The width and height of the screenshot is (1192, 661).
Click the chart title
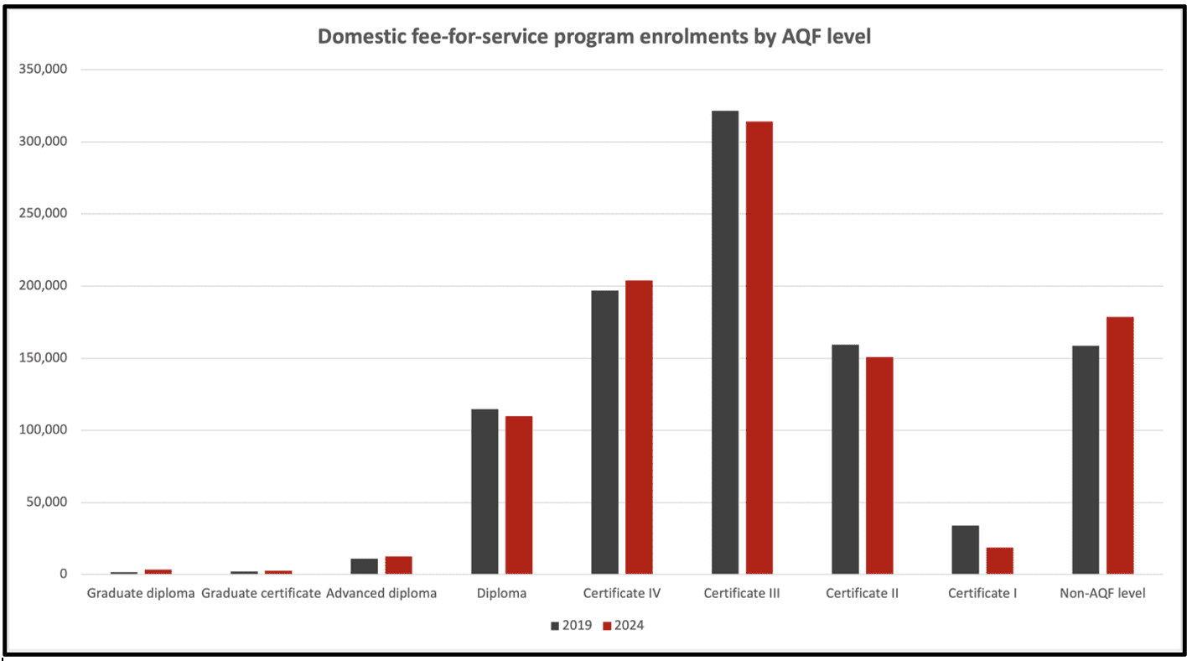594,38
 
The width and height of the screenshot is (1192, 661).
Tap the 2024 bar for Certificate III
759,347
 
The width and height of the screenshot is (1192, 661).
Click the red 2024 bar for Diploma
519,495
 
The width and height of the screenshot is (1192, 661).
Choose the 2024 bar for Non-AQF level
1120,445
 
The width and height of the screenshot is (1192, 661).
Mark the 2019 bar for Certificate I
965,549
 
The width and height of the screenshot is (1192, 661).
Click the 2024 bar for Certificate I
999,560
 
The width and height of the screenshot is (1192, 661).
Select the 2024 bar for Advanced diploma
398,565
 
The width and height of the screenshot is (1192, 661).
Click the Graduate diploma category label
141,594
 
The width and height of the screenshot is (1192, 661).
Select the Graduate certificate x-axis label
262,594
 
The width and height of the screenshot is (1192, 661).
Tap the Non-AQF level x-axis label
1102,594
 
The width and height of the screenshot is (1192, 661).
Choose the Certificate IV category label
622,594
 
